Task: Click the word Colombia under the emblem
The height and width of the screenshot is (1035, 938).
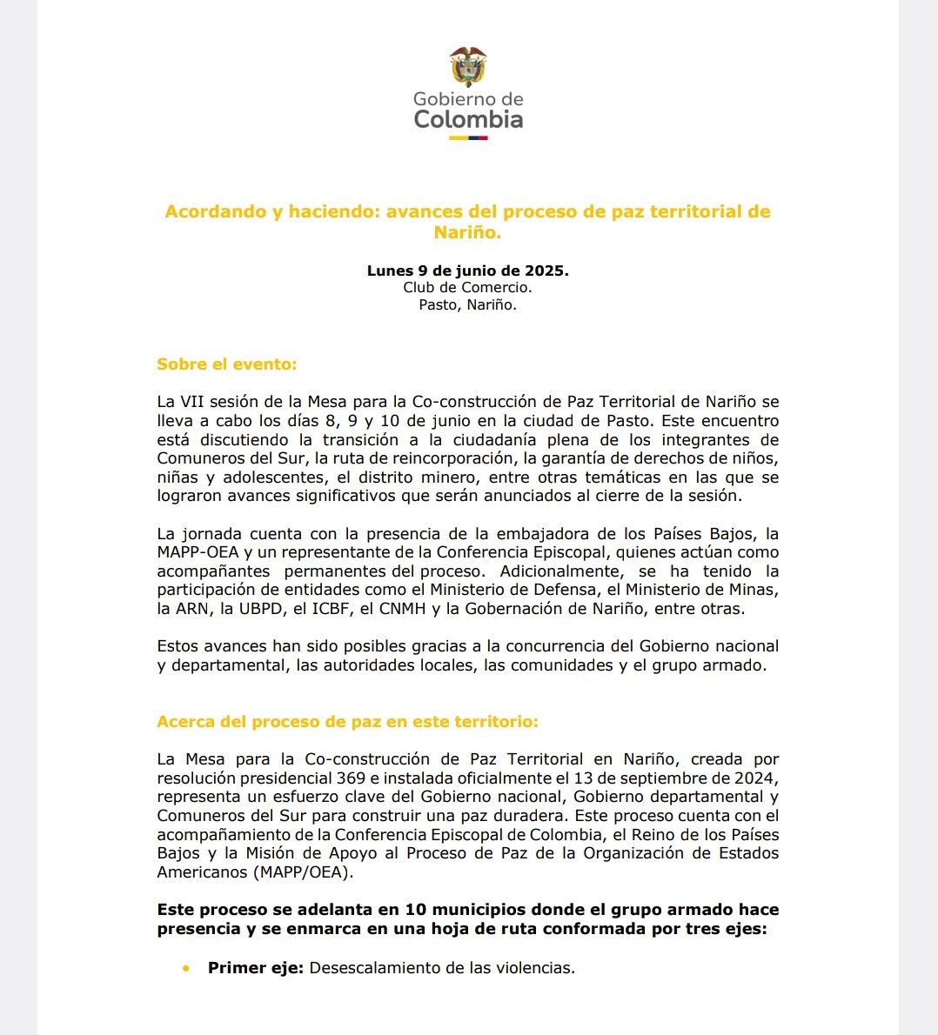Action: (x=468, y=119)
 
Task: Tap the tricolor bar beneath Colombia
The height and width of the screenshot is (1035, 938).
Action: (x=468, y=137)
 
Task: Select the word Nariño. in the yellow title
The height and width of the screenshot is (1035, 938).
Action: (x=467, y=232)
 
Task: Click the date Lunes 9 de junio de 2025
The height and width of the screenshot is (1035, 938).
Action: (x=467, y=270)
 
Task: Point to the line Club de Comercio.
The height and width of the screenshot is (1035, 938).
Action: (x=467, y=288)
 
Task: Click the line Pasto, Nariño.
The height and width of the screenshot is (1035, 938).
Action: (x=467, y=305)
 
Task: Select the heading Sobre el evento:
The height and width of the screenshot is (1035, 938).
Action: (x=226, y=364)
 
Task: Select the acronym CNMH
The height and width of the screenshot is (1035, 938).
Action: (x=402, y=609)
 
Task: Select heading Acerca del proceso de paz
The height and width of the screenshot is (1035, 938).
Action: (x=347, y=722)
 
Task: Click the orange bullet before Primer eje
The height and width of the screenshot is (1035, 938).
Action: (x=185, y=967)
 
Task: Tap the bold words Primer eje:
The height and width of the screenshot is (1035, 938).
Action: (x=255, y=967)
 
